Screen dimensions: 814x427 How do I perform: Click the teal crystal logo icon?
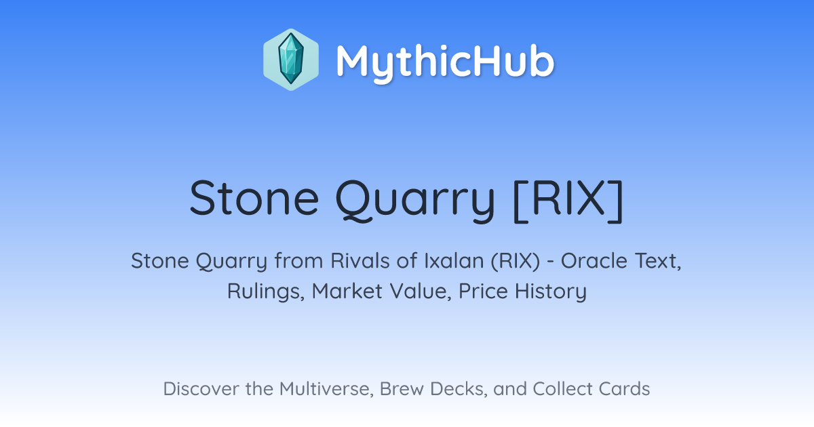pyautogui.click(x=291, y=59)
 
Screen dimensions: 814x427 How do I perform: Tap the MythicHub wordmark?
pyautogui.click(x=445, y=62)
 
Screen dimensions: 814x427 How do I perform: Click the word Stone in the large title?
pyautogui.click(x=254, y=198)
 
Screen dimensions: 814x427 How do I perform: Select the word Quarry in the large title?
pyautogui.click(x=415, y=201)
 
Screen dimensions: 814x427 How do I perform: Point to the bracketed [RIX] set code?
pyautogui.click(x=568, y=200)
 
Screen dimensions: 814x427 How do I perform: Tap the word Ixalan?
pyautogui.click(x=454, y=261)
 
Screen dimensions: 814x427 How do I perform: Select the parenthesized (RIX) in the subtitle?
pyautogui.click(x=516, y=262)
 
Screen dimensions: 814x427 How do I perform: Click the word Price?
pyautogui.click(x=483, y=291)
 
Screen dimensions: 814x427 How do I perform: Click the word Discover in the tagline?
pyautogui.click(x=201, y=388)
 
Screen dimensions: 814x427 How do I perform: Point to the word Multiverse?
pyautogui.click(x=326, y=389)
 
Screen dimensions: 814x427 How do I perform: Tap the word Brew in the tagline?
pyautogui.click(x=402, y=388)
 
